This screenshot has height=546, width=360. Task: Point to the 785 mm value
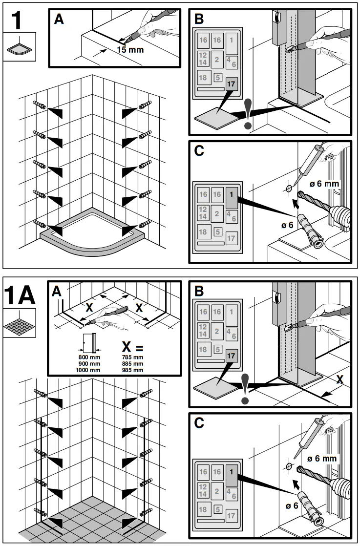(x=133, y=357)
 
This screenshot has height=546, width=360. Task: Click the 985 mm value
(x=133, y=370)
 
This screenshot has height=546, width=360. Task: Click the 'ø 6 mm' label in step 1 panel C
(x=324, y=184)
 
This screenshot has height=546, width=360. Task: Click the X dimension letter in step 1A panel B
(x=339, y=379)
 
